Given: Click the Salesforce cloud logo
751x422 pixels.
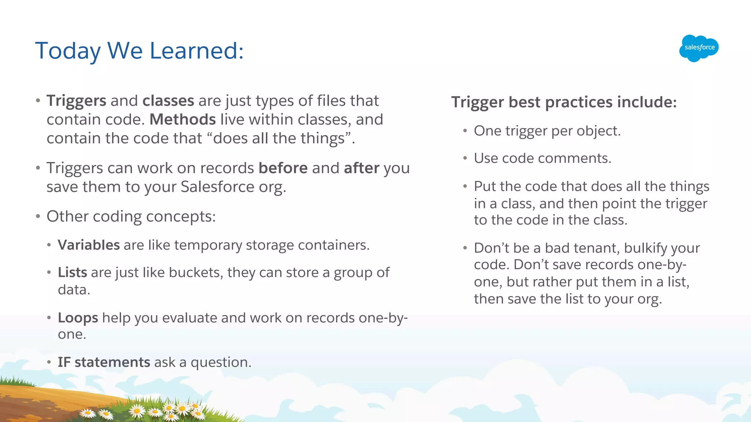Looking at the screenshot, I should tap(699, 48).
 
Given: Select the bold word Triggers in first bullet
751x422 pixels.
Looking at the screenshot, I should tap(76, 101).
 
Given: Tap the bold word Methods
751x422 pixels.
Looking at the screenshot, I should tap(183, 119).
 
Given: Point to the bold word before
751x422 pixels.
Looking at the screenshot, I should tap(283, 168).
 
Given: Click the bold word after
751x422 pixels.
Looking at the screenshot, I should tap(361, 168).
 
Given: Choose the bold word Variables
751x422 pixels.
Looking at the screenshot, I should tap(89, 245).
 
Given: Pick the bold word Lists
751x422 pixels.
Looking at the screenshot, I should tap(72, 273).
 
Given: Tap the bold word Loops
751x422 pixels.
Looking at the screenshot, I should tap(78, 318).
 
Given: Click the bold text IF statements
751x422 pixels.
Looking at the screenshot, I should tap(104, 362).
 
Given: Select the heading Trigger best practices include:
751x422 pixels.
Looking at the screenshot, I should tap(564, 102).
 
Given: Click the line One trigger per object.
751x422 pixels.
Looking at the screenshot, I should tap(547, 131).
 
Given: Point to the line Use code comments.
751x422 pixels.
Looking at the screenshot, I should tap(542, 158).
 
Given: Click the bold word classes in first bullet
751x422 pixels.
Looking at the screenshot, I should tap(168, 101).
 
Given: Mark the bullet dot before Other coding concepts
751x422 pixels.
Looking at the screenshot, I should tap(38, 216).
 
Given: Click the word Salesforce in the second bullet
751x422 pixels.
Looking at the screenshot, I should tap(217, 187).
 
